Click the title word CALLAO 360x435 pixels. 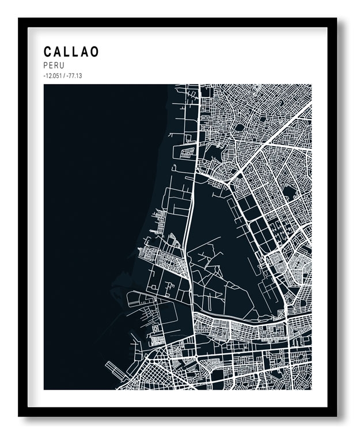point(71,51)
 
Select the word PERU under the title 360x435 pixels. point(54,66)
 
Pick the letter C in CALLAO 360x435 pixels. point(48,51)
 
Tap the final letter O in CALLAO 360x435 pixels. point(94,51)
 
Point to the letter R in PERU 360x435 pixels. point(56,66)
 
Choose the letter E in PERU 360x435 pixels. point(51,66)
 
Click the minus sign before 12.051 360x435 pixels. point(44,76)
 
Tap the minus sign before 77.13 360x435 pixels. point(67,76)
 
